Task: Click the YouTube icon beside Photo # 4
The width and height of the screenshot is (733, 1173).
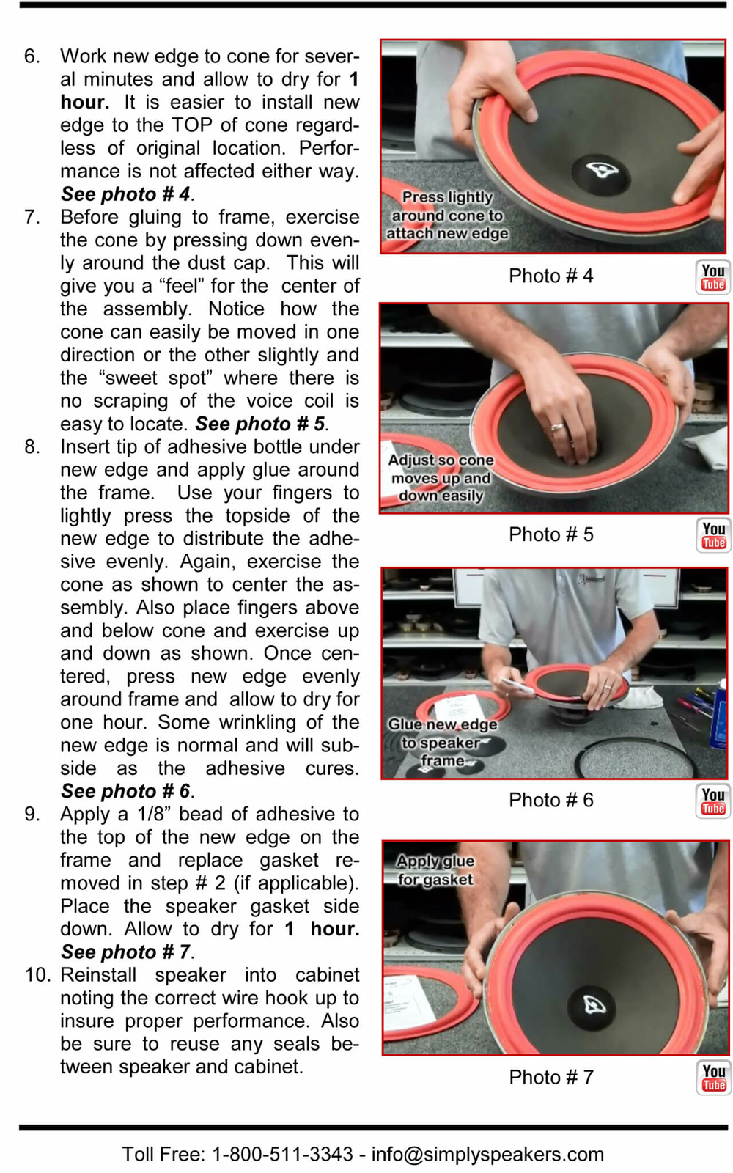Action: click(712, 277)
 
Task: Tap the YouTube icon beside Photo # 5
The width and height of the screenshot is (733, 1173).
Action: click(712, 535)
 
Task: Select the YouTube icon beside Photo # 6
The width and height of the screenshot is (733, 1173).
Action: click(712, 801)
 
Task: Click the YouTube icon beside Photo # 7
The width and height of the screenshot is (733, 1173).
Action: click(712, 1078)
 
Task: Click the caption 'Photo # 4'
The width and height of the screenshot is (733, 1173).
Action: click(550, 276)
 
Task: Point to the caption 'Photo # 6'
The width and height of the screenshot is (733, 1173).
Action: click(550, 800)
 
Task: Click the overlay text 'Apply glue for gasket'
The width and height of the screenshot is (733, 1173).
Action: click(435, 870)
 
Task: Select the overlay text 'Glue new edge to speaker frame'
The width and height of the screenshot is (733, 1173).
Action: click(443, 743)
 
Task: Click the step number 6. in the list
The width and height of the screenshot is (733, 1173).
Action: click(32, 56)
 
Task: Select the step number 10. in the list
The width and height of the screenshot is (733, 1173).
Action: click(37, 975)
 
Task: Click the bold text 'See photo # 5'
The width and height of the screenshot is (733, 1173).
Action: click(259, 424)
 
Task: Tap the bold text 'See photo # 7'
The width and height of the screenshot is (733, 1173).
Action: click(125, 952)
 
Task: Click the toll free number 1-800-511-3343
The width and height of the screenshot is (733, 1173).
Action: click(282, 1155)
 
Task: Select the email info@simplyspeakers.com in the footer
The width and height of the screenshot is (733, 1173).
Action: click(487, 1155)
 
